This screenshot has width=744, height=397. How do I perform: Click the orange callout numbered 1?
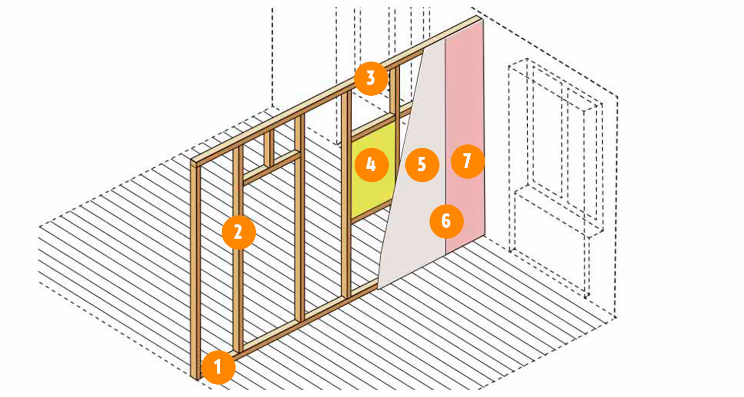click(218, 367)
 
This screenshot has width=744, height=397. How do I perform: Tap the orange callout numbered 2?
click(239, 232)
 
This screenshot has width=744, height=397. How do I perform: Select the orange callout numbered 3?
click(371, 79)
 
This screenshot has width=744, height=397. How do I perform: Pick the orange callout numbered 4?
click(372, 165)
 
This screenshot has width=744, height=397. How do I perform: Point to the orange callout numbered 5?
click(422, 165)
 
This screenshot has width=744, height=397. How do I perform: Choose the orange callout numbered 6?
click(446, 221)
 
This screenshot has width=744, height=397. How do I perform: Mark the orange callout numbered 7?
click(468, 161)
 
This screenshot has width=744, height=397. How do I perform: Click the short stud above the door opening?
click(269, 148)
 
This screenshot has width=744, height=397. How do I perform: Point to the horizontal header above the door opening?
click(272, 168)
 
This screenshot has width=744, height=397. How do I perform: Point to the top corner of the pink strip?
click(482, 19)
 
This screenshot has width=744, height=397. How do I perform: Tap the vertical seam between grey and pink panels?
click(445, 146)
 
